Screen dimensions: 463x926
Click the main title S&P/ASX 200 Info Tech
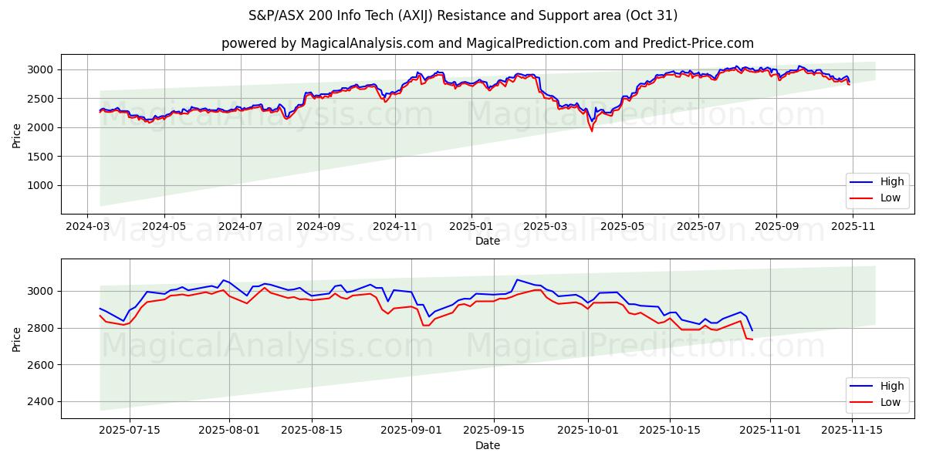(463, 15)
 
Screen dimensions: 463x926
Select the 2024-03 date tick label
(87, 227)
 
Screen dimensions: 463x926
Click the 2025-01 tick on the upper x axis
(470, 227)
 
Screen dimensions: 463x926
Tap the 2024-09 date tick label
(318, 227)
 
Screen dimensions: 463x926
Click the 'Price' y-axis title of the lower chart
(17, 339)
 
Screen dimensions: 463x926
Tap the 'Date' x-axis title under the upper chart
(487, 241)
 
